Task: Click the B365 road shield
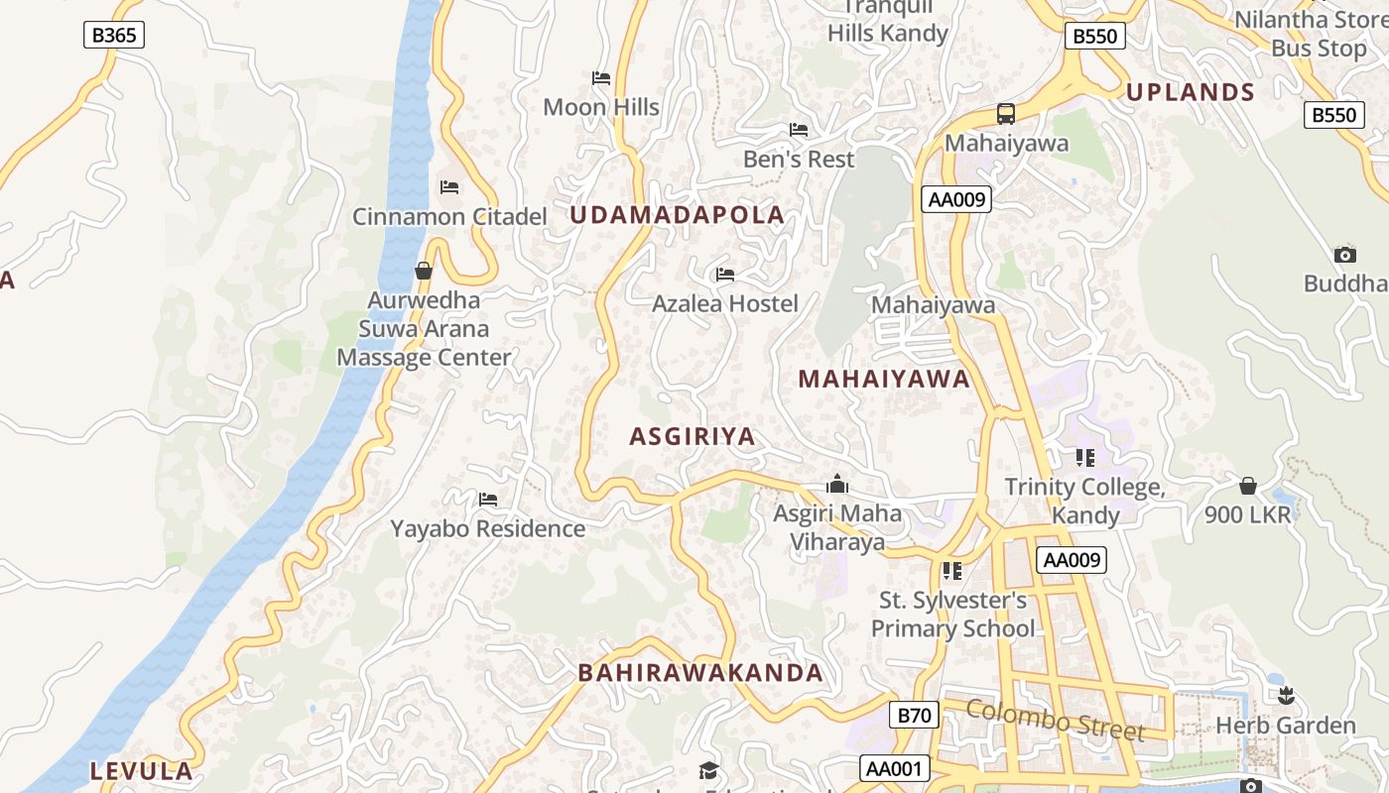[x=113, y=36]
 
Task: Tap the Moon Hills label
[x=601, y=107]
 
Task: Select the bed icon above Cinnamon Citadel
[x=449, y=186]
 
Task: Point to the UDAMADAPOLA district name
[x=677, y=215]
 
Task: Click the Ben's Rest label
[x=799, y=160]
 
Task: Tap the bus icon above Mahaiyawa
[x=1006, y=113]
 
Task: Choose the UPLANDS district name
[x=1191, y=92]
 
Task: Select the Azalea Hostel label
[x=725, y=303]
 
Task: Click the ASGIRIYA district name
[x=693, y=436]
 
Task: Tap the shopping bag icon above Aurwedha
[x=424, y=271]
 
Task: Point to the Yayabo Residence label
[x=487, y=528]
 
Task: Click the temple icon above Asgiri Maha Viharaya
[x=837, y=485]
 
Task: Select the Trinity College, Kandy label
[x=1084, y=501]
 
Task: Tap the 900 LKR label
[x=1248, y=514]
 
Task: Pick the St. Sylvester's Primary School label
[x=952, y=615]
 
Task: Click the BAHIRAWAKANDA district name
[x=700, y=673]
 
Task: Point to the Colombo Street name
[x=1055, y=720]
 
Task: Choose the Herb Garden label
[x=1286, y=726]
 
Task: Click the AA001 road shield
[x=895, y=768]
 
